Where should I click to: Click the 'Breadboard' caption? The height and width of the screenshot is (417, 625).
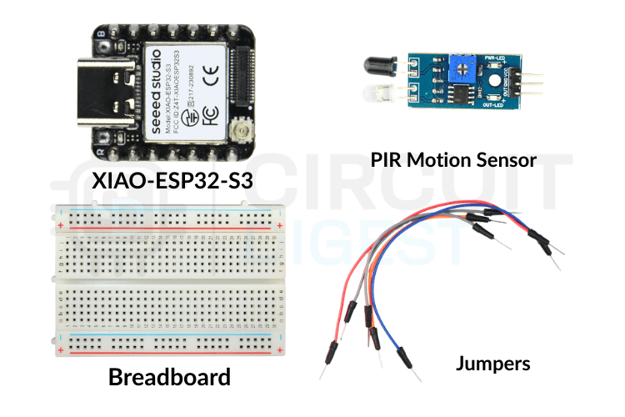[x=169, y=377]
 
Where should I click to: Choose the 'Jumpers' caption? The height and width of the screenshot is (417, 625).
[x=492, y=364]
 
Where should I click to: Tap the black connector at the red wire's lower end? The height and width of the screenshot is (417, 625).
[x=332, y=349]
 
